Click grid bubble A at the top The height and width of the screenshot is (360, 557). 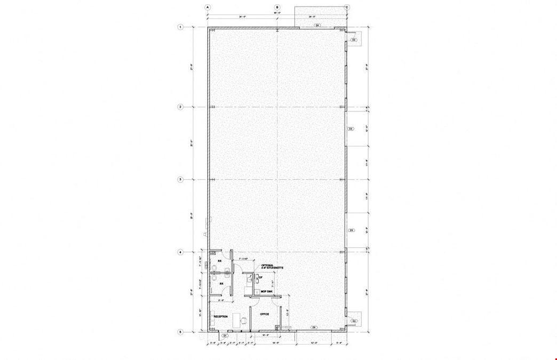point(208,7)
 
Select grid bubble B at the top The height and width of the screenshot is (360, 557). point(277,7)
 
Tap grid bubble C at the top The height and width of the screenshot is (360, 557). point(347,7)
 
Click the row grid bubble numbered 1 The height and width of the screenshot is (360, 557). point(180,27)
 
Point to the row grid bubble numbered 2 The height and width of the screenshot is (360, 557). point(180,107)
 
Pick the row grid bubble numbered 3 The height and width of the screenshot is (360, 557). point(180,180)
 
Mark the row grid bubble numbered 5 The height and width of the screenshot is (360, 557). point(180,332)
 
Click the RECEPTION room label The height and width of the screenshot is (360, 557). point(221,316)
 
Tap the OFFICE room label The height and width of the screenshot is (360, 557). point(265,314)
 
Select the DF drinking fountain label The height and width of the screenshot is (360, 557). point(260,277)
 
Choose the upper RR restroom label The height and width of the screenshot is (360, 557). point(219,261)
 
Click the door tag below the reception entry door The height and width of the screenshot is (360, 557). point(224,336)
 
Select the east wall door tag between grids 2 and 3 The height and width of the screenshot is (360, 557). point(351,129)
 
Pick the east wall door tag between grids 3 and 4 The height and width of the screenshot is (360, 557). point(351,230)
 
